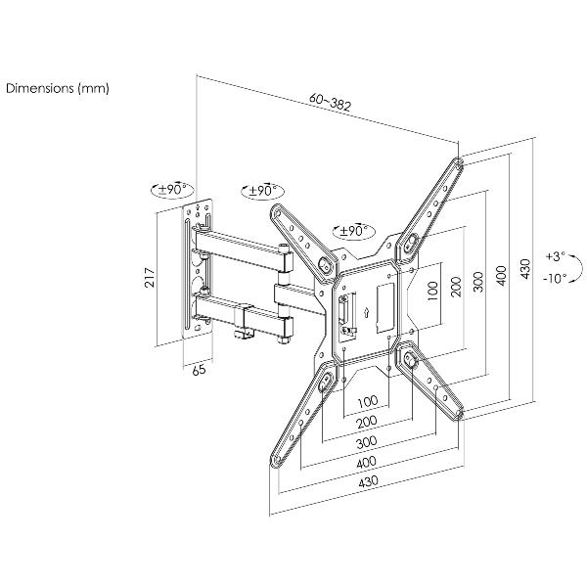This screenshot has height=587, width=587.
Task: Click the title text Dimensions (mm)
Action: (58, 88)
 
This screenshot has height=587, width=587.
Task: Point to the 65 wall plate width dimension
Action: (198, 371)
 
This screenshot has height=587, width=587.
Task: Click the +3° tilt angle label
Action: (556, 256)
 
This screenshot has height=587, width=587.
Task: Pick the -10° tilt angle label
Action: (556, 278)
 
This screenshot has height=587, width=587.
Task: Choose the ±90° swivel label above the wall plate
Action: (173, 189)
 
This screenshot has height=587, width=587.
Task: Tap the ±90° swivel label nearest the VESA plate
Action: (353, 231)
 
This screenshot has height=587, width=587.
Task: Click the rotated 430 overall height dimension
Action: (525, 266)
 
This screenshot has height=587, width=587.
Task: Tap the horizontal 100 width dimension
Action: (366, 402)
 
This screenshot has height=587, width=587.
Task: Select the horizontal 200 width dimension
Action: (368, 422)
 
